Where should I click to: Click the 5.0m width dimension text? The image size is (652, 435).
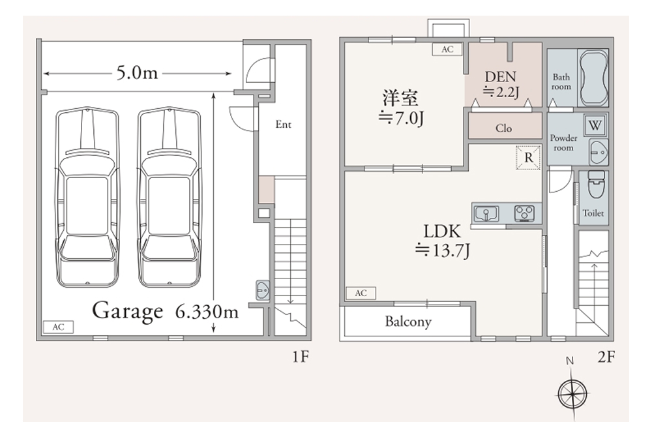(137, 73)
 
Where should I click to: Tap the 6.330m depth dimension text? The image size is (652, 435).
(207, 312)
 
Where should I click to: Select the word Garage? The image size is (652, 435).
(127, 310)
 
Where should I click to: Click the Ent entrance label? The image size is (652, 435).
(283, 125)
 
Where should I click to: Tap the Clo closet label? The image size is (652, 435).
(504, 128)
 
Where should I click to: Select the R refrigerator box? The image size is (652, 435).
(529, 158)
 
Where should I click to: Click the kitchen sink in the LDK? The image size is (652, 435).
(486, 213)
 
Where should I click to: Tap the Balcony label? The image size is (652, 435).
(408, 322)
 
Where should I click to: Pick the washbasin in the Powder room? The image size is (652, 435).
(598, 149)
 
